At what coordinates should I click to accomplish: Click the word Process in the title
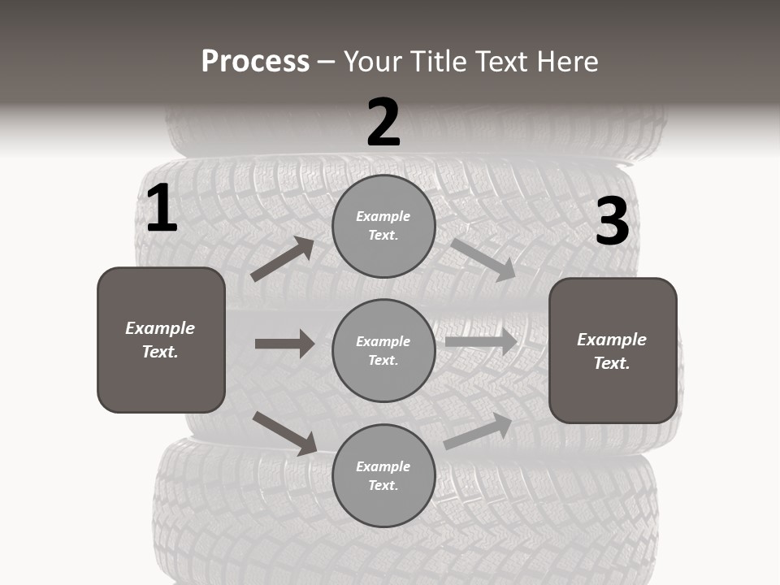255,62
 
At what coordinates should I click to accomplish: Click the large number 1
162,209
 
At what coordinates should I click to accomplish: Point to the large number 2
383,123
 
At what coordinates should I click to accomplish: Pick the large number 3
612,222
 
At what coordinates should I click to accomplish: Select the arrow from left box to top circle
283,259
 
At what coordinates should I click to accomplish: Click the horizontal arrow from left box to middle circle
284,344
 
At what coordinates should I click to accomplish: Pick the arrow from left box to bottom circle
285,433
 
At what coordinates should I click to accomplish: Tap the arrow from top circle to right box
483,259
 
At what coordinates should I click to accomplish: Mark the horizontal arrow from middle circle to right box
481,341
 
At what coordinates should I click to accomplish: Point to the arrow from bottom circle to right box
478,431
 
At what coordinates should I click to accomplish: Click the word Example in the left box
160,328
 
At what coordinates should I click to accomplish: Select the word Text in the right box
611,363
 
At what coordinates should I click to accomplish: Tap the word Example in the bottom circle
383,466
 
